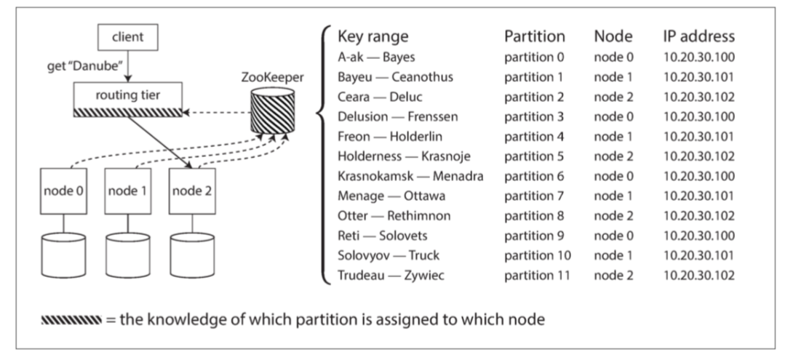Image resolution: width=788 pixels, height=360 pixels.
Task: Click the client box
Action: (127, 36)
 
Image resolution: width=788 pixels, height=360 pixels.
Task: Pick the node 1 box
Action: (128, 191)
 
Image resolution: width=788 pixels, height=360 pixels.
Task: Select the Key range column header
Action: (373, 36)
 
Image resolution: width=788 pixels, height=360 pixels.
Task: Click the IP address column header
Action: (699, 36)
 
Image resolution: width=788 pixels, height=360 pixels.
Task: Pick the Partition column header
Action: (534, 36)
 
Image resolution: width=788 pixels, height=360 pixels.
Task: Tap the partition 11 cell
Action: (538, 276)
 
